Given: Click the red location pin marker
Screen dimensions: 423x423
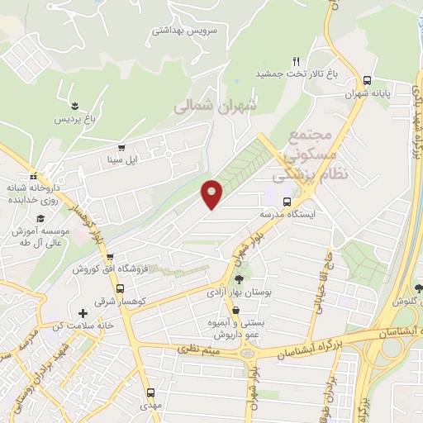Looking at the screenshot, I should tap(212, 193).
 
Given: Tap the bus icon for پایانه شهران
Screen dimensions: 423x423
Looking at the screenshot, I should tap(368, 80).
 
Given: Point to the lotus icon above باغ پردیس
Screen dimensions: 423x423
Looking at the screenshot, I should tap(75, 105).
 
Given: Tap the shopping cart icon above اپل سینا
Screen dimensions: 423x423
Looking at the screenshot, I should tap(122, 147).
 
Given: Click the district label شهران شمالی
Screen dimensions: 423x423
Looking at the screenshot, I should tap(216, 106).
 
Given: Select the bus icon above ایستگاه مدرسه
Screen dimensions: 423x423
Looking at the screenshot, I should tap(287, 201).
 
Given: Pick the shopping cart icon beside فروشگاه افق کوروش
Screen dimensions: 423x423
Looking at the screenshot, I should tap(121, 257).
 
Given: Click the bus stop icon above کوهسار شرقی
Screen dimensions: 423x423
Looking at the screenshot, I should tap(121, 288).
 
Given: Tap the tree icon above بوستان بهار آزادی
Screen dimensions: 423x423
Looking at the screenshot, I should tap(240, 279).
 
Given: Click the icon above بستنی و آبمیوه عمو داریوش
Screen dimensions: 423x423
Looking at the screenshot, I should tap(236, 311).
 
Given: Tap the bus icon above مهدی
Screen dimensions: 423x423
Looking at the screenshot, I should tap(150, 393).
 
